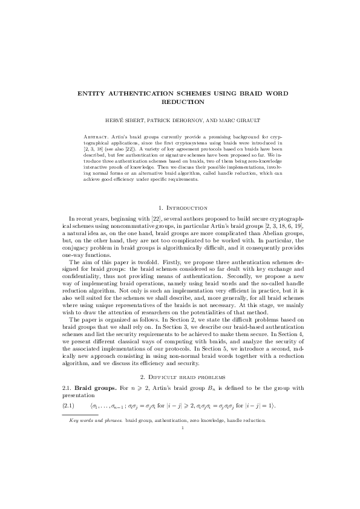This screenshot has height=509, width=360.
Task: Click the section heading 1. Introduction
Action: point(180,207)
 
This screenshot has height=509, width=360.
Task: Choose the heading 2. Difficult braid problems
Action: point(180,377)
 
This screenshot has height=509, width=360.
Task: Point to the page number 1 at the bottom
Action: point(180,427)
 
